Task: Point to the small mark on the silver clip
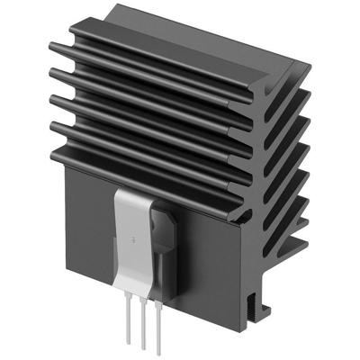click(133, 241)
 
